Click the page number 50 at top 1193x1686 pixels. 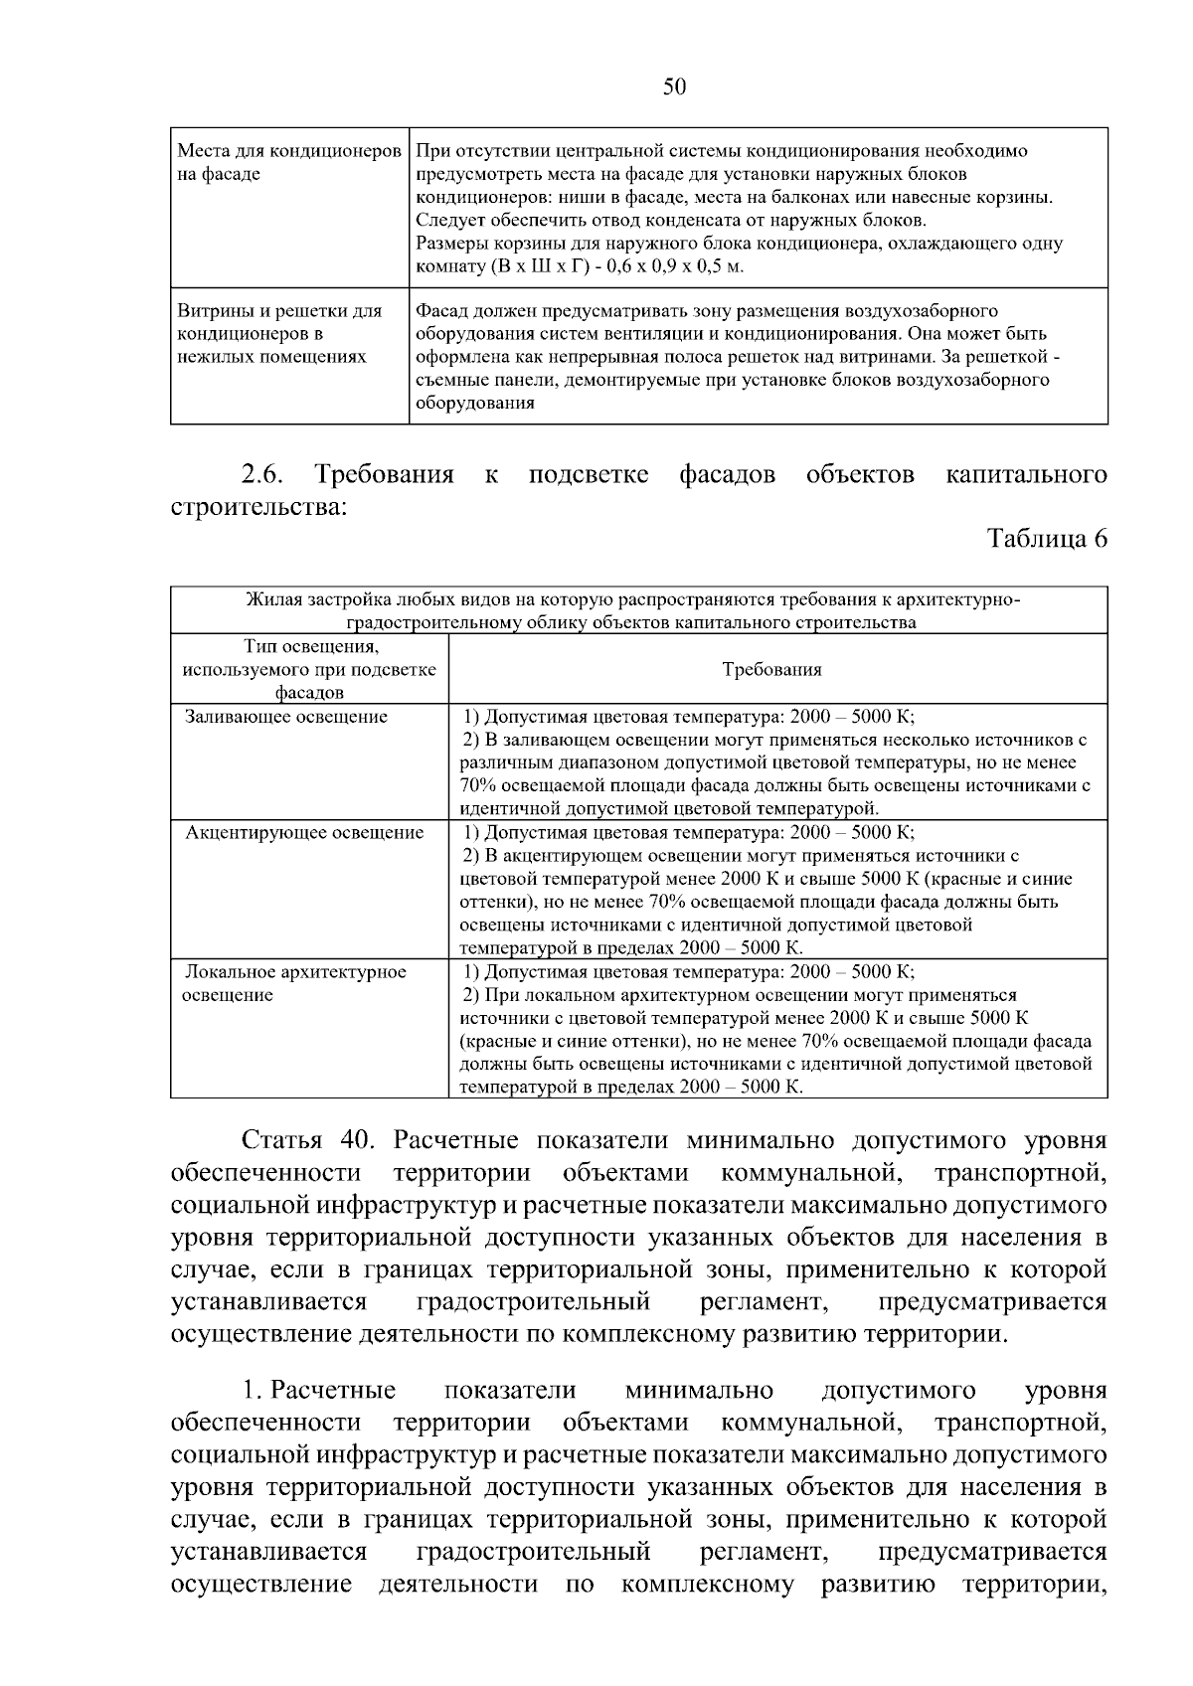(674, 87)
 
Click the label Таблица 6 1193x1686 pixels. (1046, 539)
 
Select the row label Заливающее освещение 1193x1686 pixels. (286, 717)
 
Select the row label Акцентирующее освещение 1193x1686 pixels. (304, 833)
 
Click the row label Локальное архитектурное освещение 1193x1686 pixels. (294, 983)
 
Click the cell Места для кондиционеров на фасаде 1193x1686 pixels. (288, 162)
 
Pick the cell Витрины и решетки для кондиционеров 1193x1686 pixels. (279, 333)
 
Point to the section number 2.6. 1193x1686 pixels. (261, 475)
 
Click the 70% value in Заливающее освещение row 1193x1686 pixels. (478, 785)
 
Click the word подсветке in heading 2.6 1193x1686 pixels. (589, 475)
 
